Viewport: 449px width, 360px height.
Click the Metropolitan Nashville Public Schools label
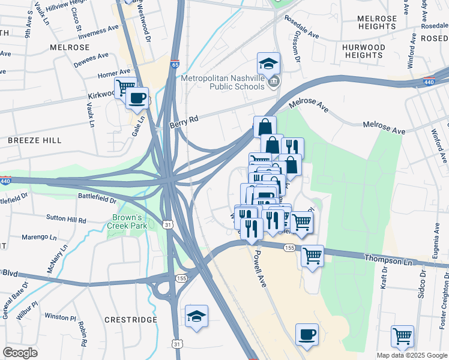pos(223,82)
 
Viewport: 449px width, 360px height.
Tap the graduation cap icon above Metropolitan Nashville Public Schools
pos(268,64)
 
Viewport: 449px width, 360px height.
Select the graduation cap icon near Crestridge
pos(196,316)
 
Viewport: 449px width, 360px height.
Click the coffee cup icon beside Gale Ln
pos(137,98)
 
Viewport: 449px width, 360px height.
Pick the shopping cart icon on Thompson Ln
pos(312,256)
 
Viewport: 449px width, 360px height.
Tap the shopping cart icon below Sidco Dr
pos(402,336)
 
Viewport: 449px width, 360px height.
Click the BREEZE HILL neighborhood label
pos(35,140)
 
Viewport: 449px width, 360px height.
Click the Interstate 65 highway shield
pos(175,64)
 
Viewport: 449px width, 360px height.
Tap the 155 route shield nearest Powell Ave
pos(289,247)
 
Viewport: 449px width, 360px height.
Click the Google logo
pos(20,352)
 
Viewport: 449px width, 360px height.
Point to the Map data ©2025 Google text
pos(411,355)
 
